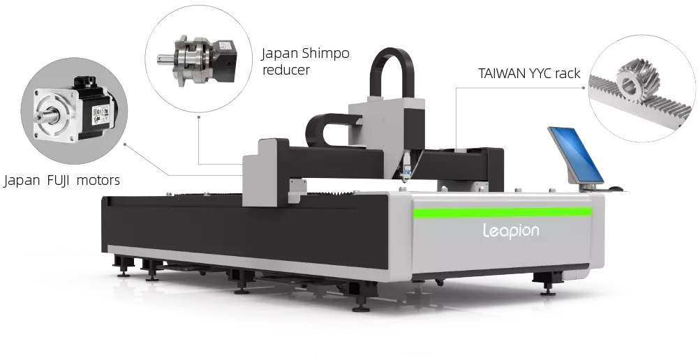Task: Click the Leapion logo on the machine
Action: click(511, 231)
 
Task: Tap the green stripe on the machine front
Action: click(502, 212)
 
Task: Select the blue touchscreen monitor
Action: click(576, 155)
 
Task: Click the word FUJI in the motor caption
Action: click(58, 180)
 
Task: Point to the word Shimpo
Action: click(325, 54)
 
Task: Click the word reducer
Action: click(285, 70)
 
